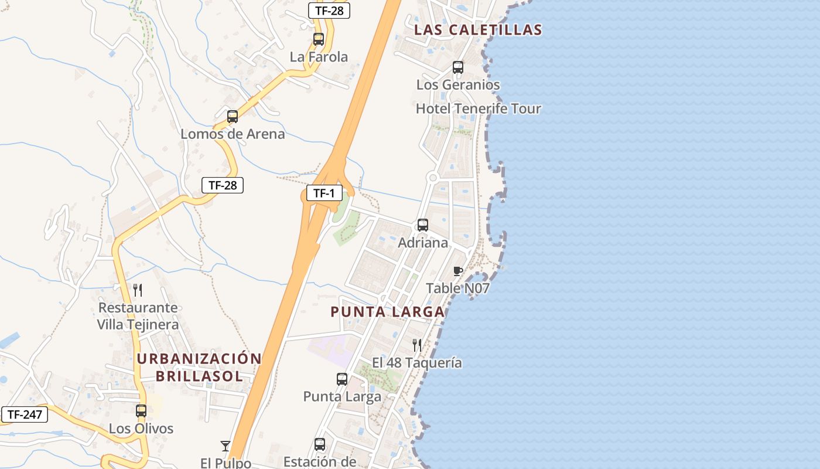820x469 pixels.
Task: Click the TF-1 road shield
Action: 324,193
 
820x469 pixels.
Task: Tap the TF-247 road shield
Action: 24,414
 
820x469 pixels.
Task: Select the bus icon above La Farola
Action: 319,39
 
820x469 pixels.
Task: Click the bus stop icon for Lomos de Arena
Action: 233,116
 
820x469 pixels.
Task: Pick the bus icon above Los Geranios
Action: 458,67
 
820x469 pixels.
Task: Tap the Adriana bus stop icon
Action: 423,225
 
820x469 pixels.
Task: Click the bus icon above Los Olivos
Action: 141,411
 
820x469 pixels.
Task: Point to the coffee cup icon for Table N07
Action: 458,271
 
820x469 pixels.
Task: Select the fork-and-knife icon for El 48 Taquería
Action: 417,345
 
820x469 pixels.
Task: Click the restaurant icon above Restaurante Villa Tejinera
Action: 138,290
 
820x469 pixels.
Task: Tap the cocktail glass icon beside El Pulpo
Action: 225,446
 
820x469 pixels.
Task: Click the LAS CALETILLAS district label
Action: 478,30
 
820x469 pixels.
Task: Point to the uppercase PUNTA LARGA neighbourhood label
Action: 388,312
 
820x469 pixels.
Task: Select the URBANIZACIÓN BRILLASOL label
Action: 199,368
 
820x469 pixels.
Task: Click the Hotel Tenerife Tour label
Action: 479,108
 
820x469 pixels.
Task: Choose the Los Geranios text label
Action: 458,84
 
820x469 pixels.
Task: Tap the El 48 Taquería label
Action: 417,363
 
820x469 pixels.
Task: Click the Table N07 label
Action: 457,288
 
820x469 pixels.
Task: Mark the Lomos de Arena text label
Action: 233,134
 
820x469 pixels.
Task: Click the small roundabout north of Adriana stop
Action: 433,177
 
